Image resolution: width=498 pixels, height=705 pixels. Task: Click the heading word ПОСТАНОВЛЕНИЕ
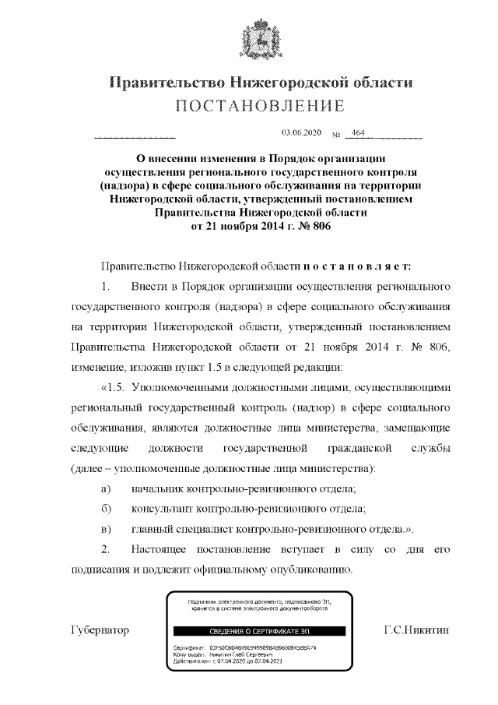[259, 106]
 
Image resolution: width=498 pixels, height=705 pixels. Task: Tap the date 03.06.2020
[296, 134]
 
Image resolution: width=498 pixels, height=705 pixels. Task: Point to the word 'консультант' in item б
[163, 509]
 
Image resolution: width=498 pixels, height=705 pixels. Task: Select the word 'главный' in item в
[154, 529]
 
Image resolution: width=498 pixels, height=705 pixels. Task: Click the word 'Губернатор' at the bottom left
[100, 628]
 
